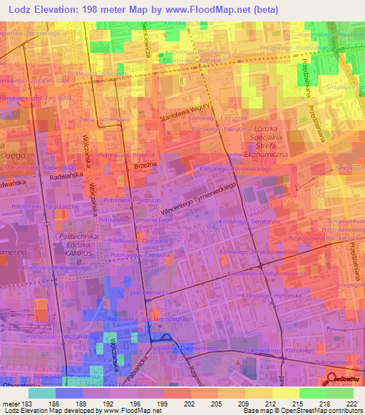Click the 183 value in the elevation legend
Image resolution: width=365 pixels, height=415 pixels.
coord(20,404)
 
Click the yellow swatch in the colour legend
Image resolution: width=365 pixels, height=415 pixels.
coord(286,393)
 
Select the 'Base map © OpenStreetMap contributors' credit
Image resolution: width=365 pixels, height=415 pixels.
coord(302,411)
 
